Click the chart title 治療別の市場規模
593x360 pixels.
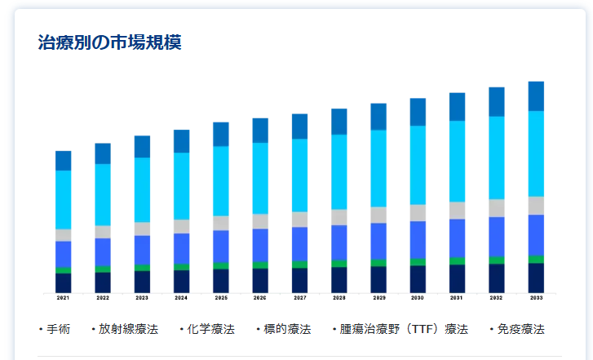(x=109, y=42)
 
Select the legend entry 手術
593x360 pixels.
(x=58, y=330)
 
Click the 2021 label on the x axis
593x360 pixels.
(x=63, y=299)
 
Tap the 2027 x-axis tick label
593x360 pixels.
(x=299, y=299)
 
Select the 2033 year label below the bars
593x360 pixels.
(x=536, y=299)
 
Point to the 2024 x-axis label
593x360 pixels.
(x=181, y=299)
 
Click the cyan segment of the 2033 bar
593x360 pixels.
(x=536, y=153)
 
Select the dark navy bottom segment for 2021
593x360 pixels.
(x=63, y=282)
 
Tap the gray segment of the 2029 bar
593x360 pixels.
(x=378, y=215)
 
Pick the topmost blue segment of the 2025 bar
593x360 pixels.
(x=221, y=134)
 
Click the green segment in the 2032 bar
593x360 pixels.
(x=497, y=260)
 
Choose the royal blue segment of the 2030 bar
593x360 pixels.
(x=418, y=239)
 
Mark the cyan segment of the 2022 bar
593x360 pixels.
(x=103, y=194)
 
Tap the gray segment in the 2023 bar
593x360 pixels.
(x=142, y=229)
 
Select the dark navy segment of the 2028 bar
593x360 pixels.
(x=339, y=279)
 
